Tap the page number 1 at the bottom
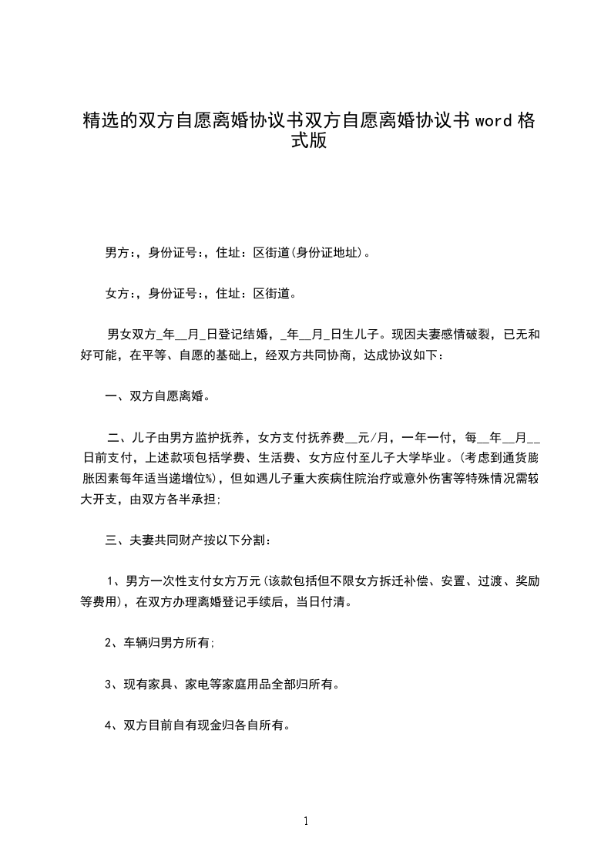[x=306, y=821]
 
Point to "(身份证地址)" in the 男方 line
[x=327, y=252]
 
